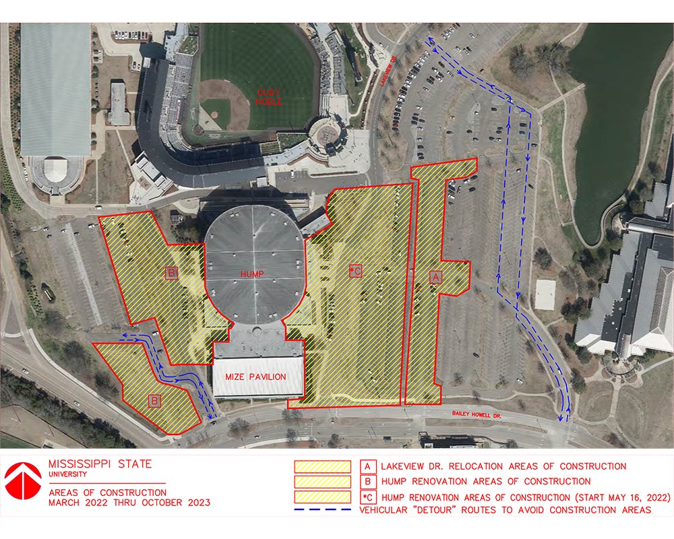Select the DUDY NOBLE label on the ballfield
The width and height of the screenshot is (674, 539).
(x=268, y=97)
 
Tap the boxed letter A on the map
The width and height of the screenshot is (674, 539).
(x=435, y=276)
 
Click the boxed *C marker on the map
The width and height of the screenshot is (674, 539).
(x=356, y=271)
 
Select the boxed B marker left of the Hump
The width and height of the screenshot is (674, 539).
(x=172, y=273)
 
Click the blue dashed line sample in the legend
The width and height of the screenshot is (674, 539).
(x=324, y=510)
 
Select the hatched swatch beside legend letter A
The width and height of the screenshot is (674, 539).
(x=323, y=466)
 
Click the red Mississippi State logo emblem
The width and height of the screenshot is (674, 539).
(x=23, y=479)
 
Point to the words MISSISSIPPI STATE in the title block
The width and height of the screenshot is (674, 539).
(x=100, y=464)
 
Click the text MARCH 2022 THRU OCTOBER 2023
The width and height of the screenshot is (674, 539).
(x=129, y=503)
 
